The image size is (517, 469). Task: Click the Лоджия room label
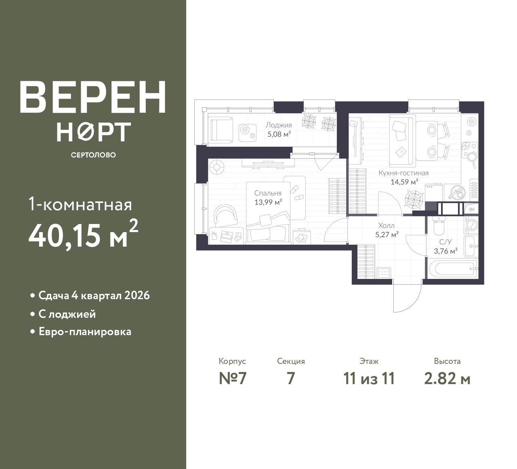point(279,125)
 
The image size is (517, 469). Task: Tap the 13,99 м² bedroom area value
point(268,202)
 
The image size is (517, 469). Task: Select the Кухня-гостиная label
point(404,173)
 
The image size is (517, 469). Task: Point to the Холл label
point(386,226)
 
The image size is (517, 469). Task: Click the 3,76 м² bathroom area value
point(446,251)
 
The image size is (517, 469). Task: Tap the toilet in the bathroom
point(439,225)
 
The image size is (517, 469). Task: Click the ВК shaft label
point(472,209)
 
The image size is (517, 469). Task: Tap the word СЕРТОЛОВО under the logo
point(93,155)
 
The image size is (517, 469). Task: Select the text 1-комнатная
point(80,205)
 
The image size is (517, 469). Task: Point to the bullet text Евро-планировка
point(85,332)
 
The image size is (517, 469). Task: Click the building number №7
point(233,379)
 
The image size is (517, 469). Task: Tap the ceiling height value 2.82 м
point(447,379)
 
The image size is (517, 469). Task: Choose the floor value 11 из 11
point(369,379)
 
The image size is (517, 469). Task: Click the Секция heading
point(291,361)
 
